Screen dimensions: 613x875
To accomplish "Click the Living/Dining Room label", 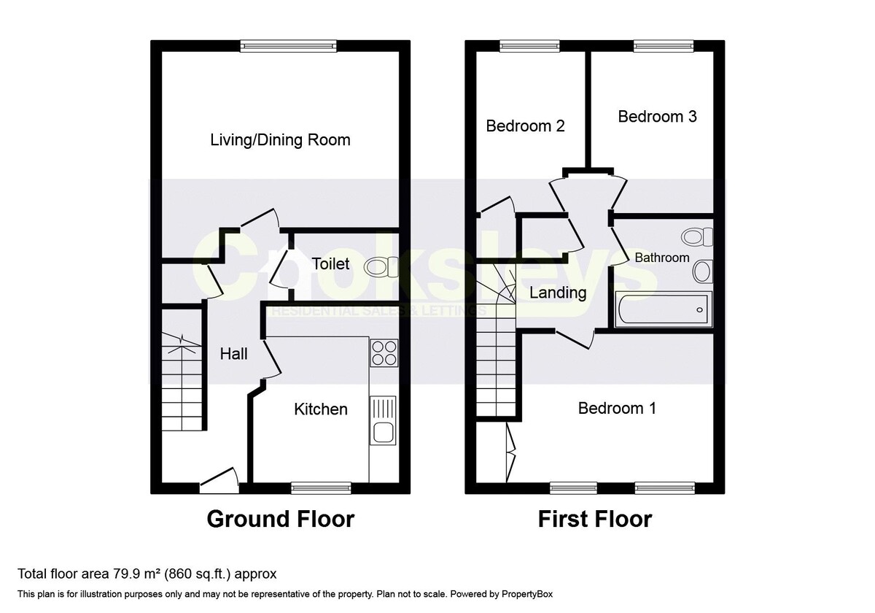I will coord(280,139).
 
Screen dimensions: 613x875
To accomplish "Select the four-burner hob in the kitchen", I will coord(384,352).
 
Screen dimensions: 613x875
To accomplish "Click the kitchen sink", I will coord(383,421).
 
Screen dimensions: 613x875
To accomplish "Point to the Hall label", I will coord(234,354).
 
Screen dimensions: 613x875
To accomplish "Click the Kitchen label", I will coord(321,409).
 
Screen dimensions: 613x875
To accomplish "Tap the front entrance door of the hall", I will coord(219,479).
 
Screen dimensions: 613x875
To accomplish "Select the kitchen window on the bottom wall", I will coord(321,487).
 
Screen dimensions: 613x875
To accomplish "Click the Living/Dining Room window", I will coord(289,46).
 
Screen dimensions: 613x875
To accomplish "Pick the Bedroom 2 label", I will coord(525,126).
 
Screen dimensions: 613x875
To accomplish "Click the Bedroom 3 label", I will coord(657,116).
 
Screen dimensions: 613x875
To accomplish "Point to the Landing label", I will coord(558,293).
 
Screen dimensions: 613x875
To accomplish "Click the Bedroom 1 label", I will coord(617,408).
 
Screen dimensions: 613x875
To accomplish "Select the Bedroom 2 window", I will coord(530,46).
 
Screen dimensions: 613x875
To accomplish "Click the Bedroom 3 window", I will coord(663,46).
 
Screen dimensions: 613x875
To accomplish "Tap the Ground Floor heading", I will coord(281,519).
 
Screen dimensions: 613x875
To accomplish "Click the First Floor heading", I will coord(594,519).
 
